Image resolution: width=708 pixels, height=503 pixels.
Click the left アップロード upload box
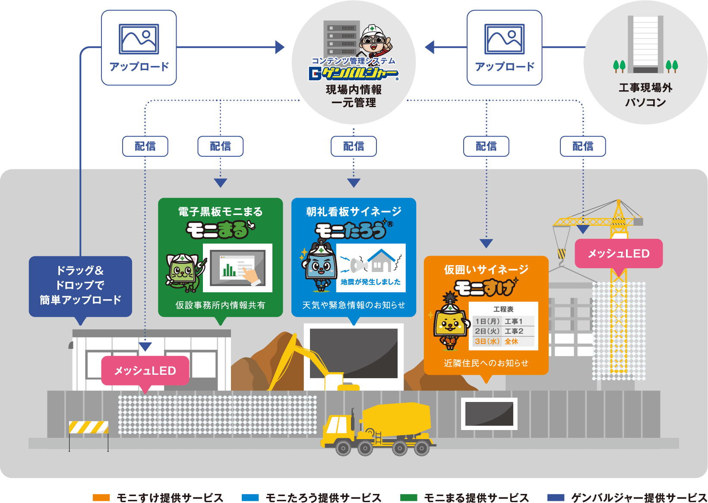(x=139, y=47)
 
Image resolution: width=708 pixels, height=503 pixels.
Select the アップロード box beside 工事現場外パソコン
(x=504, y=47)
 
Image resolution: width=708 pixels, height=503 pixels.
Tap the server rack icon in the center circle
(x=341, y=38)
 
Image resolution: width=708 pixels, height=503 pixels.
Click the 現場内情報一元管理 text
(x=354, y=96)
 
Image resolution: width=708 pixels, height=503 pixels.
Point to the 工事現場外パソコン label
(x=645, y=95)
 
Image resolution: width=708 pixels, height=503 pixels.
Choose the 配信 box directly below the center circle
(x=354, y=146)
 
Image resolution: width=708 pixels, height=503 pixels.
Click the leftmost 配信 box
(x=145, y=146)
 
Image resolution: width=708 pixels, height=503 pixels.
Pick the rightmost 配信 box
(x=583, y=146)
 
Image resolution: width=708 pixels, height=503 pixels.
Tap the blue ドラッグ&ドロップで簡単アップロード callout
(x=80, y=285)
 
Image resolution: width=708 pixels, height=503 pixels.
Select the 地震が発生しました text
(x=371, y=282)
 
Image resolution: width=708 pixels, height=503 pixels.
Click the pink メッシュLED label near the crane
(x=619, y=253)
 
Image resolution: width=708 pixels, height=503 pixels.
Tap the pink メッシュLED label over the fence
(x=145, y=371)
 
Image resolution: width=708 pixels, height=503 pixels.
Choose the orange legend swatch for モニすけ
(x=101, y=497)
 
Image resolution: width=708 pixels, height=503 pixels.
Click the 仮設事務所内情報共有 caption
(x=220, y=305)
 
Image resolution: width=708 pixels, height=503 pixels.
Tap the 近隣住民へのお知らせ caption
(x=486, y=363)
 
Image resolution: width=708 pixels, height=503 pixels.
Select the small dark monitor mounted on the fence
(x=489, y=413)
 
